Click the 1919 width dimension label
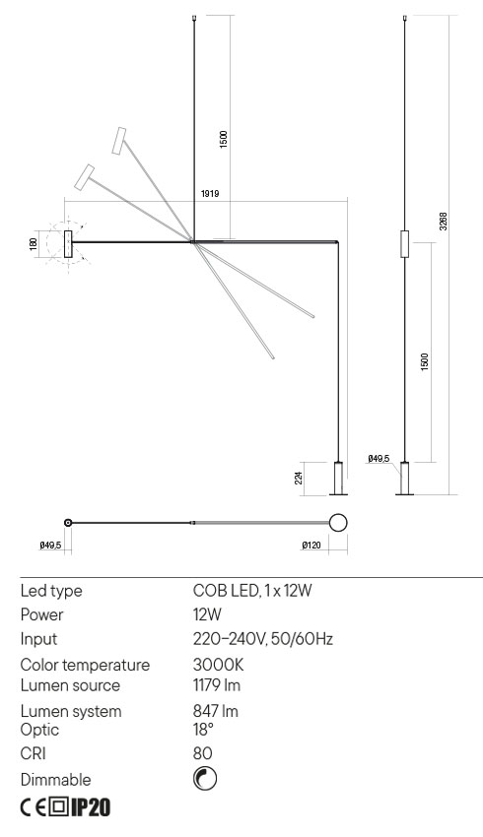209,194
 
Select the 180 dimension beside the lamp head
35,242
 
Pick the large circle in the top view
338,522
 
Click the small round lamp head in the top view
68,522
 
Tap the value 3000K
217,666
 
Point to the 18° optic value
203,729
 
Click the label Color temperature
85,666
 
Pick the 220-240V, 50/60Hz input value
262,639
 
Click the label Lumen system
71,711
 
